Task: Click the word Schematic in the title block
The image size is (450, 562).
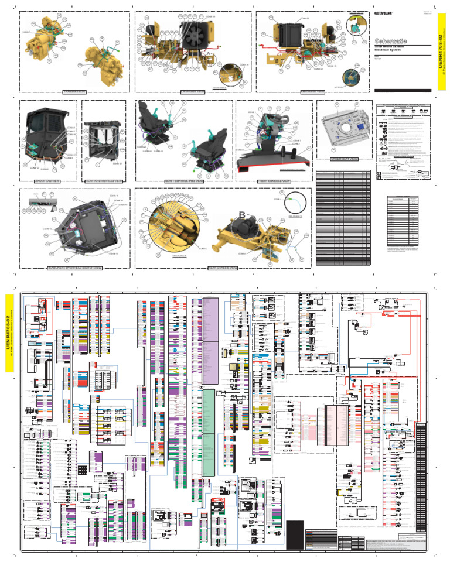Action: pyautogui.click(x=390, y=40)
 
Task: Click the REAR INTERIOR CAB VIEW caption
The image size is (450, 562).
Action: pyautogui.click(x=103, y=181)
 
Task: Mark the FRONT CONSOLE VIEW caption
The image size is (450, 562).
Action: pyautogui.click(x=273, y=181)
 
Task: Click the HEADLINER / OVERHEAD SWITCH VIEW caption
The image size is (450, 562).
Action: pyautogui.click(x=75, y=268)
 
